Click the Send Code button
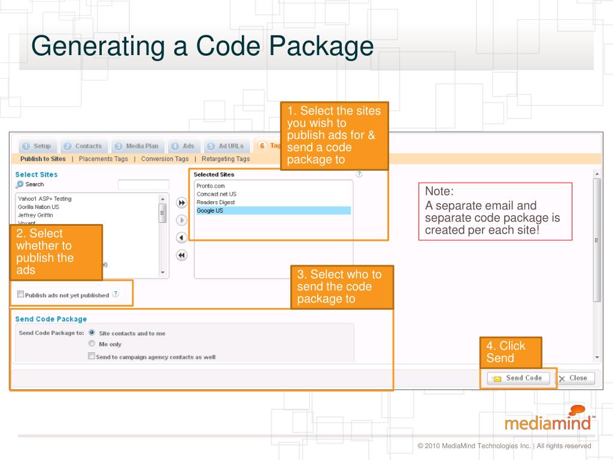pos(518,378)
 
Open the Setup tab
pos(37,146)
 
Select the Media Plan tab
pos(137,146)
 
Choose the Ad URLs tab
pos(226,146)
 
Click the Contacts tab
pos(83,146)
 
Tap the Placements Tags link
pos(103,159)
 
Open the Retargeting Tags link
pos(226,159)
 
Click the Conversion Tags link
pos(165,159)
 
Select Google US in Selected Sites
pos(210,211)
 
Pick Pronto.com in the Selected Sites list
pos(211,186)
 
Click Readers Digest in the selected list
pos(216,202)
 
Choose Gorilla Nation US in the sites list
pos(38,207)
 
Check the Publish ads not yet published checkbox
pos(21,294)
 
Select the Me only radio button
pos(92,344)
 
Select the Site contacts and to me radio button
pos(92,332)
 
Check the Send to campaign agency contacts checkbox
pos(92,356)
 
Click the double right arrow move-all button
pos(182,202)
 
